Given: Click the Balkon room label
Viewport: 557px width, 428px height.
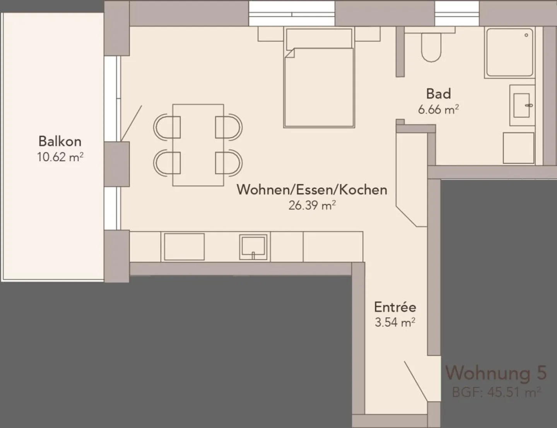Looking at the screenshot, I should coord(60,141).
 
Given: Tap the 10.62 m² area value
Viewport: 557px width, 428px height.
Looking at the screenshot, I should coord(60,157).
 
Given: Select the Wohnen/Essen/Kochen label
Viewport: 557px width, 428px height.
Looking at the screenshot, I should coord(312,189).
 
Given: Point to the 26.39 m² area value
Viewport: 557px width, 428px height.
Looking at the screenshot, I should coord(312,205).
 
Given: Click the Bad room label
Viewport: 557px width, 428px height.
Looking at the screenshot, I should coord(438,94).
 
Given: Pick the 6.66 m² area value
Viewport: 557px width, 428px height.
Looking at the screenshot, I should coord(438,110).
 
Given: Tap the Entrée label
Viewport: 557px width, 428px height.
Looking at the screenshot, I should coord(395,307).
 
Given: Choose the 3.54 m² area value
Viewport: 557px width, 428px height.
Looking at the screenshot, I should coord(395,322).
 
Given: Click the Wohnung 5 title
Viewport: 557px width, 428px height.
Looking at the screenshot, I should coord(496,373).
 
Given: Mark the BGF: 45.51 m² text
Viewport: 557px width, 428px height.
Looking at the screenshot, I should coord(496,392).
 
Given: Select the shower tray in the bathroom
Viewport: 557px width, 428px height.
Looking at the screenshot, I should coord(509,52).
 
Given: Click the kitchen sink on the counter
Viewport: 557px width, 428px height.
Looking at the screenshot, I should coord(253,246).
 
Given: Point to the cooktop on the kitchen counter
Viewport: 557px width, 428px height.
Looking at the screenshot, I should coord(184,246).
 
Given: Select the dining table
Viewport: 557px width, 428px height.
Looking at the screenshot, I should coord(198,145).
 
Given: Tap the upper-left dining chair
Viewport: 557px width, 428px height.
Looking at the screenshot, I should coord(167,127).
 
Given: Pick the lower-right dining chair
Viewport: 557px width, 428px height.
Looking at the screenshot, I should coord(229,163).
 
